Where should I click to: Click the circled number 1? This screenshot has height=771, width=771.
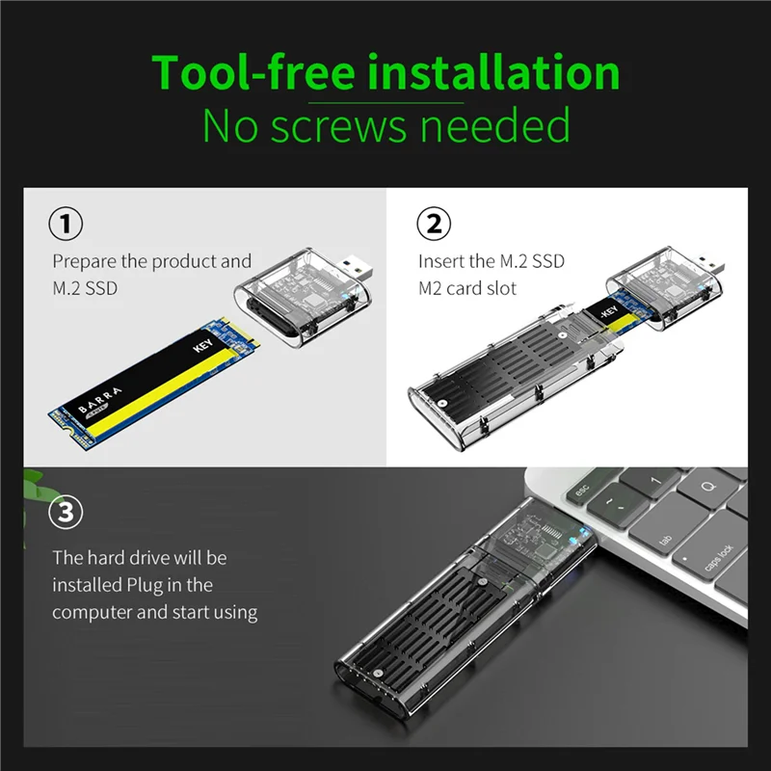pyautogui.click(x=66, y=224)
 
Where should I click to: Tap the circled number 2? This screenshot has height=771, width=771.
pyautogui.click(x=433, y=224)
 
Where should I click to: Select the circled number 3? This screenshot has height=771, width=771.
pyautogui.click(x=66, y=512)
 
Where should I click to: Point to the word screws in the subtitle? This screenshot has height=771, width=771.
pyautogui.click(x=338, y=126)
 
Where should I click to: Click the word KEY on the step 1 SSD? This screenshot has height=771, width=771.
pyautogui.click(x=202, y=345)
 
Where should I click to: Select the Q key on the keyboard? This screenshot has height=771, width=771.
pyautogui.click(x=708, y=487)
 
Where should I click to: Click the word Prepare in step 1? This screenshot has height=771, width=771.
pyautogui.click(x=85, y=261)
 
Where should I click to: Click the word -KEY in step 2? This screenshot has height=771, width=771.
pyautogui.click(x=608, y=312)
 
